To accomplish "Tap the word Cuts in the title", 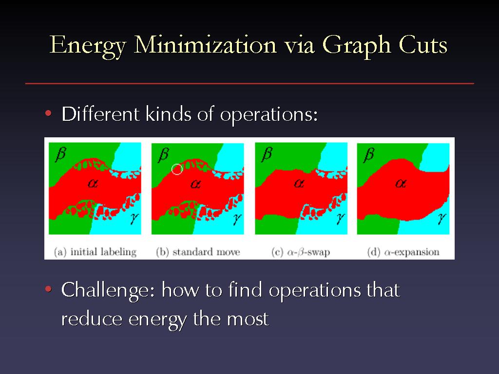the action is point(423,44).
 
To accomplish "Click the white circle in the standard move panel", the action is point(177,169).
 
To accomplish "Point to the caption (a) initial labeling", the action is point(95,252).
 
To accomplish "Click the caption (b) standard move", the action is point(198,252).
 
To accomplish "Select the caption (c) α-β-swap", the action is point(301,252).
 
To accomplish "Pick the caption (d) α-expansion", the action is point(403,252).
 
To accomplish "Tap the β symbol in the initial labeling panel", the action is point(60,154).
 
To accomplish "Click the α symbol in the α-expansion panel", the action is point(401,183).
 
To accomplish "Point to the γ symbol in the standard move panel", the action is point(237,219).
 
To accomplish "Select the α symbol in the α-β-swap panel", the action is point(299,183).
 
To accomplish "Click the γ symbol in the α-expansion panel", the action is point(441,219).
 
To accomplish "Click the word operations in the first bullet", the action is point(269,115).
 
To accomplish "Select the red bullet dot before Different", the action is point(48,113).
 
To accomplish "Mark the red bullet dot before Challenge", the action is point(48,289).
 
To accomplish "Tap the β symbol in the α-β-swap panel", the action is point(267,154).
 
